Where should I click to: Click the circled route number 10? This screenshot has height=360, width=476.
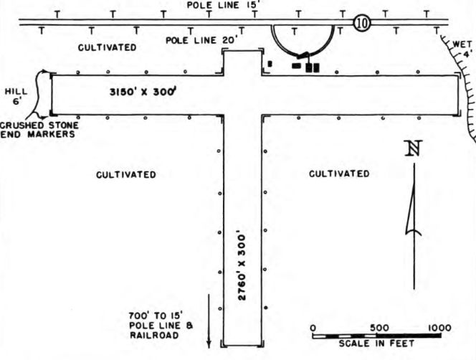pos(362,23)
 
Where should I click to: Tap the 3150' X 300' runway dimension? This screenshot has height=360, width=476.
pos(143,91)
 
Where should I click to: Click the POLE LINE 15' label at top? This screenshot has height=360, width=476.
pos(224,5)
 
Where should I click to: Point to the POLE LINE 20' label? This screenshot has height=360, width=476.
pos(201,39)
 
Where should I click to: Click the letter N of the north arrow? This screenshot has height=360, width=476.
pos(414,148)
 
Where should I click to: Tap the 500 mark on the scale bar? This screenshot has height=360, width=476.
pos(379,328)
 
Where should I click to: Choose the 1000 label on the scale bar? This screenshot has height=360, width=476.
pos(439,328)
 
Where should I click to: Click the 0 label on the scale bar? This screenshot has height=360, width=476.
pos(313,328)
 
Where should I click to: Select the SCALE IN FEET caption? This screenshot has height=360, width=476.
pos(376,344)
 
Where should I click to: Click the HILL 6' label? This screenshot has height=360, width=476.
pos(16,96)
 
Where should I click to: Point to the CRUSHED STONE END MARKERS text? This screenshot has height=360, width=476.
pos(39,130)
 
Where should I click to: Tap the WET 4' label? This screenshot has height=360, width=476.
pos(462,49)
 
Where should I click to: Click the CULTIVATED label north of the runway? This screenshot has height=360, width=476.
pos(107,47)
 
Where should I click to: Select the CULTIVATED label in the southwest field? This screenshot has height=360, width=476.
pos(126,175)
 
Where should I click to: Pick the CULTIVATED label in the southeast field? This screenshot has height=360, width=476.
pos(339,174)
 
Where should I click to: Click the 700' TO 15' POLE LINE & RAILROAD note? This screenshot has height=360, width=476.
pos(161,326)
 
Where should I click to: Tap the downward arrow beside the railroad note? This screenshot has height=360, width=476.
pos(209,321)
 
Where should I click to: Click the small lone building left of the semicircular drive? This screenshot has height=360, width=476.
pos(270,64)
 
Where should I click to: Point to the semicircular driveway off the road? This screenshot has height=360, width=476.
pos(303,53)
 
